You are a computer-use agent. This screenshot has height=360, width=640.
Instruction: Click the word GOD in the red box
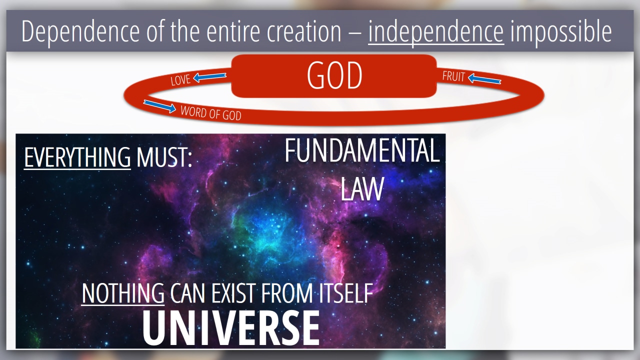334,75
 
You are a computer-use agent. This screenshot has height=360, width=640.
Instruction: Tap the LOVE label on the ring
180,79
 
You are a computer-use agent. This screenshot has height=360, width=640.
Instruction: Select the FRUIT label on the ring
453,76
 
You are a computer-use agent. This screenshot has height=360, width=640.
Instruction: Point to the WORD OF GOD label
211,113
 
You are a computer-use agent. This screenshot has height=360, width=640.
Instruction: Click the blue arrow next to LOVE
209,77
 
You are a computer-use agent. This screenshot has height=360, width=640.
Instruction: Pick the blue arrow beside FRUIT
484,79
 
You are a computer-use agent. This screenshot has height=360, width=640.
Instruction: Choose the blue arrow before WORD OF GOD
159,106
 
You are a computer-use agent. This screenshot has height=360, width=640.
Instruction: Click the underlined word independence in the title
436,31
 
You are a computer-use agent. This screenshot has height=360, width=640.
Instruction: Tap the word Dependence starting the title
80,31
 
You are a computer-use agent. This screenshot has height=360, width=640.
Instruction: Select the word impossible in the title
561,31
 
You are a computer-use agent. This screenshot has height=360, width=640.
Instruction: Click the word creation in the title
304,31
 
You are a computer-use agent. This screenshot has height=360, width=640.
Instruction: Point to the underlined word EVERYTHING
77,157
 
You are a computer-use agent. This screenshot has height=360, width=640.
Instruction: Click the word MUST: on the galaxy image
164,157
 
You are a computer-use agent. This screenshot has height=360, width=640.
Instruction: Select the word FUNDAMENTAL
362,150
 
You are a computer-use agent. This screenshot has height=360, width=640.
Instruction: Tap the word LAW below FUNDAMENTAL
362,189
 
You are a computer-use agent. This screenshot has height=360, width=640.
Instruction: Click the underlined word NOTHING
123,293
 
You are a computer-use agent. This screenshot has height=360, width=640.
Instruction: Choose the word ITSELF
346,293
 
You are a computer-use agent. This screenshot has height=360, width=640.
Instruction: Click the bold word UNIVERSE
231,328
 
